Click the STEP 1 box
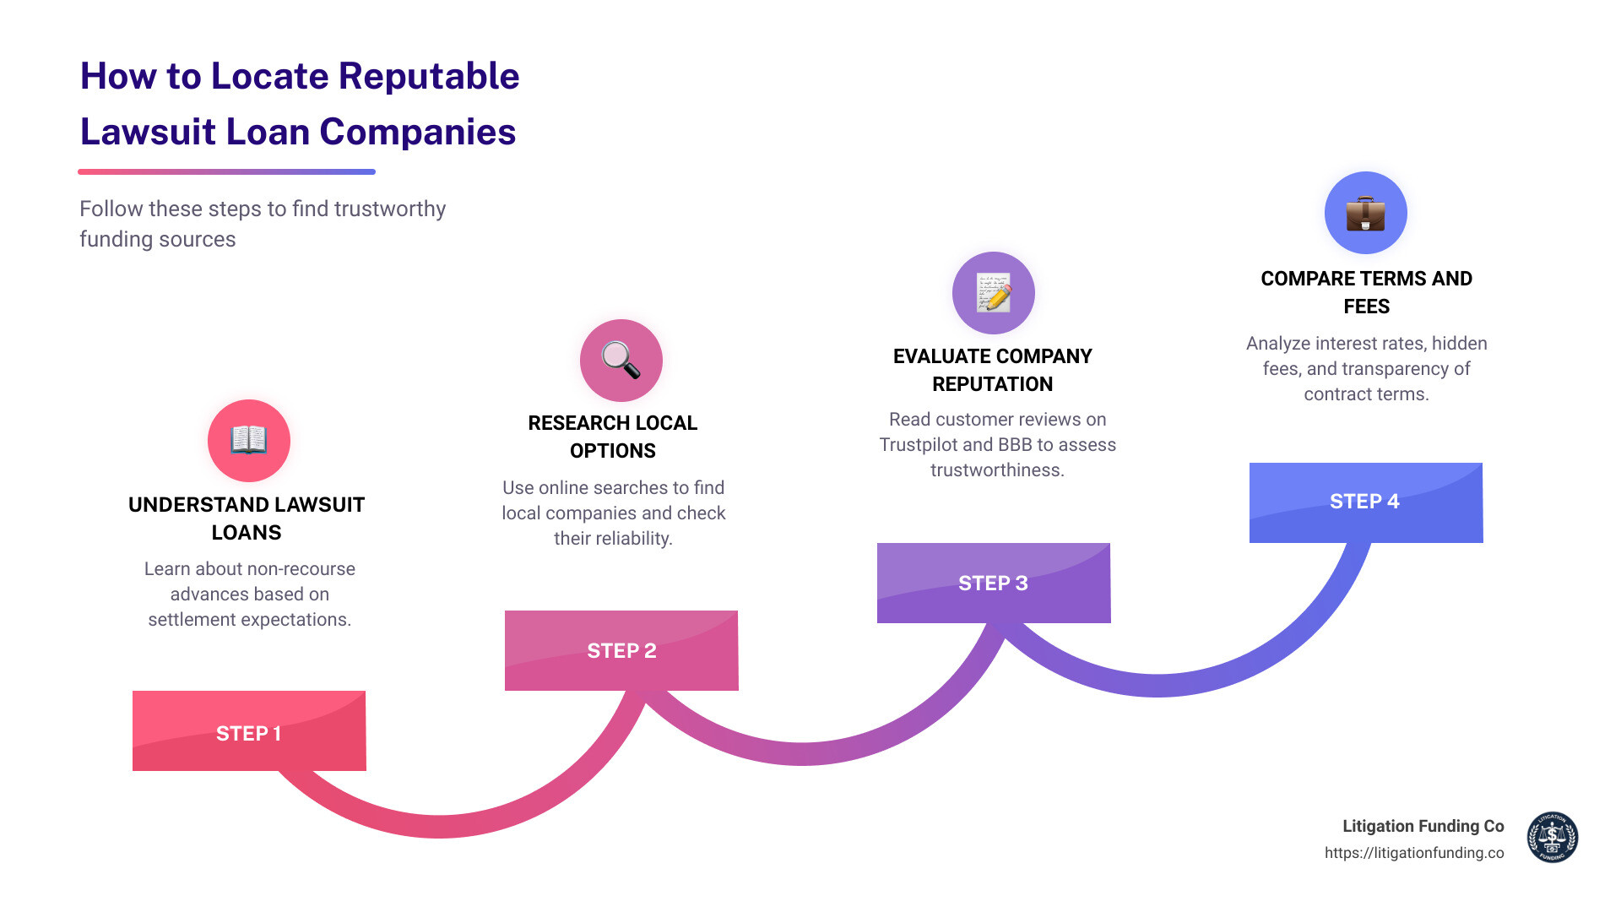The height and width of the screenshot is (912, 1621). (249, 731)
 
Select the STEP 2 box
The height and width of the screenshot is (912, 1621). (621, 650)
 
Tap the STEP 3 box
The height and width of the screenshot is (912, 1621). (994, 583)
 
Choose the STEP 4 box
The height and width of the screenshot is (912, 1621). (1365, 502)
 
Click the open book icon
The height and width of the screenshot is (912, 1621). (249, 441)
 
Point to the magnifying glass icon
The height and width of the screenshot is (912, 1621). (621, 361)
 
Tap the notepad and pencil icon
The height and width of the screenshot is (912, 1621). (994, 293)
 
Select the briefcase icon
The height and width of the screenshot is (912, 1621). (1365, 213)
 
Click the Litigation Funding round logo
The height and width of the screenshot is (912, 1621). (1552, 838)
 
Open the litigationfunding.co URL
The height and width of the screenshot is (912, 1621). (1414, 853)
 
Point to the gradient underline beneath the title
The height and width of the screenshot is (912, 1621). (226, 172)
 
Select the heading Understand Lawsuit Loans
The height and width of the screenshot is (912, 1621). (247, 518)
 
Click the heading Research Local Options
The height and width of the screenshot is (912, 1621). (613, 437)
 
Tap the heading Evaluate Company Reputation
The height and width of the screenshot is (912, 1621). (993, 370)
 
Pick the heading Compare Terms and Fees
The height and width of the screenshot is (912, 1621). (1366, 292)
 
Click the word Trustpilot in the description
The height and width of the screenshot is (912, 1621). (918, 445)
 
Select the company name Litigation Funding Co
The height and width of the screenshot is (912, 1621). (1423, 826)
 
